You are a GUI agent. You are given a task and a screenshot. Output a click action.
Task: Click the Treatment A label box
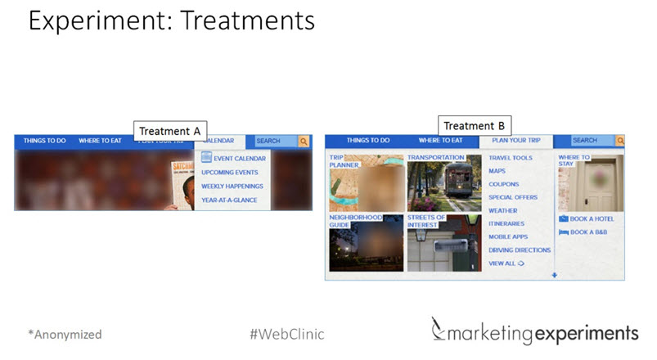(x=170, y=131)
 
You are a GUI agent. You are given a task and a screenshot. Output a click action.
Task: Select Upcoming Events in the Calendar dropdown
(x=229, y=173)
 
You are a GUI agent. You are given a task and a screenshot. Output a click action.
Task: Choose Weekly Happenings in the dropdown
(x=232, y=186)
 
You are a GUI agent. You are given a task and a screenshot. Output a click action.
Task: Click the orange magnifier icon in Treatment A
(x=304, y=141)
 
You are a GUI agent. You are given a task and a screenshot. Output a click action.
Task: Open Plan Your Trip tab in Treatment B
(x=515, y=141)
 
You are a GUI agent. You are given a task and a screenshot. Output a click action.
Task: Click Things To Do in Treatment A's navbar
(x=45, y=141)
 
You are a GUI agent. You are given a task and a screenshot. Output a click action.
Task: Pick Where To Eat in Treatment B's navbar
(x=440, y=141)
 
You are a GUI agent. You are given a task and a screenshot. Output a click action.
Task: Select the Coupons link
(x=503, y=184)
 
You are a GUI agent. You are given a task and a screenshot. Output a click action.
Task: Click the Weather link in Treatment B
(x=502, y=210)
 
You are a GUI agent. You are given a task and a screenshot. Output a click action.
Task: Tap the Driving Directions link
(x=520, y=250)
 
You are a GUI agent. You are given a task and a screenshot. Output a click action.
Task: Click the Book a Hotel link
(x=592, y=218)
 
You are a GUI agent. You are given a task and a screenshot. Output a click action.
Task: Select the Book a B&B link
(x=589, y=232)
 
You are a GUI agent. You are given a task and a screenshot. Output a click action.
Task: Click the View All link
(x=506, y=263)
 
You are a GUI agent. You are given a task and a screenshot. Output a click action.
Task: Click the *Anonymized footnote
(x=65, y=334)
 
